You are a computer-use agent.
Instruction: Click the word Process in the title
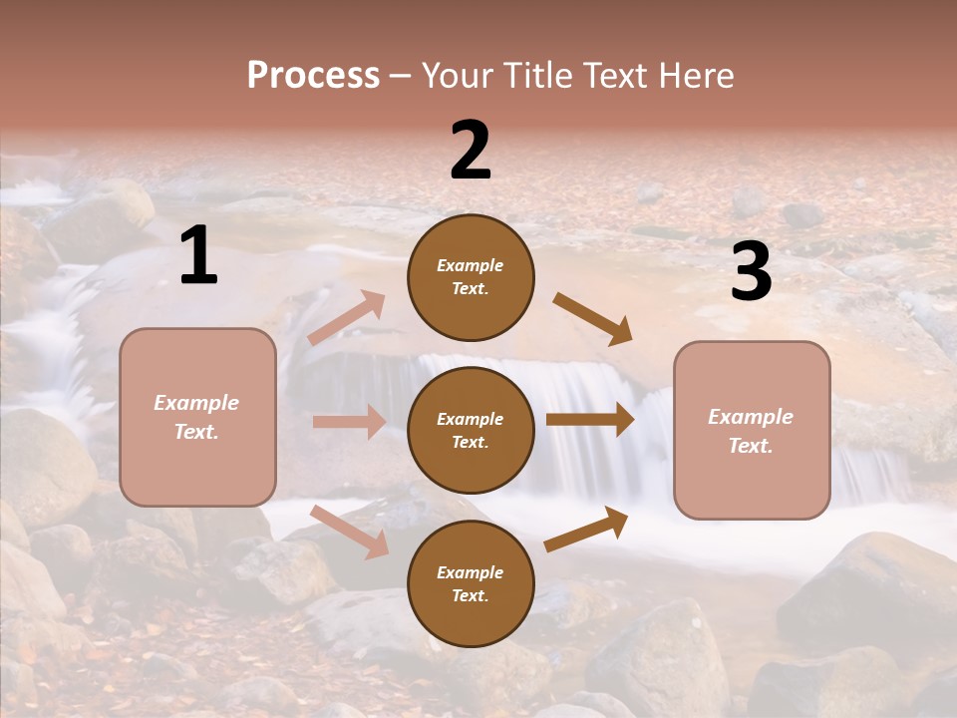[x=313, y=76]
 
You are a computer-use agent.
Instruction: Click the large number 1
[x=198, y=256]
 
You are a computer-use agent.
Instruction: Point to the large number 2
[x=471, y=151]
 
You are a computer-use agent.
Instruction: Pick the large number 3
[x=751, y=272]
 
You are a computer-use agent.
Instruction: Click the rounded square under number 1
[x=197, y=417]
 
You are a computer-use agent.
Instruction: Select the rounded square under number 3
[x=752, y=430]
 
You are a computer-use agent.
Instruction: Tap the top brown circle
[x=471, y=276]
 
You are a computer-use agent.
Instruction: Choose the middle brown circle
[x=471, y=430]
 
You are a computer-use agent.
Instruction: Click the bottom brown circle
[x=471, y=583]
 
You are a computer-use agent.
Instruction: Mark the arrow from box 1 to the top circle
[x=347, y=318]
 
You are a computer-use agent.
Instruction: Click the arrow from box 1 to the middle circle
[x=349, y=422]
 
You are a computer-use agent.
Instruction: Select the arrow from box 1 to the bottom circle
[x=349, y=532]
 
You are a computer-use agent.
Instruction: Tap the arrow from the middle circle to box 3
[x=590, y=420]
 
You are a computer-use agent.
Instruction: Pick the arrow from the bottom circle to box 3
[x=587, y=529]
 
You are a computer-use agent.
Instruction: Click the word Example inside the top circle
[x=471, y=265]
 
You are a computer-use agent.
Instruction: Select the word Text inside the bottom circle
[x=469, y=595]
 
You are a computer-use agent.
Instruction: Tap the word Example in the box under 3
[x=751, y=417]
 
